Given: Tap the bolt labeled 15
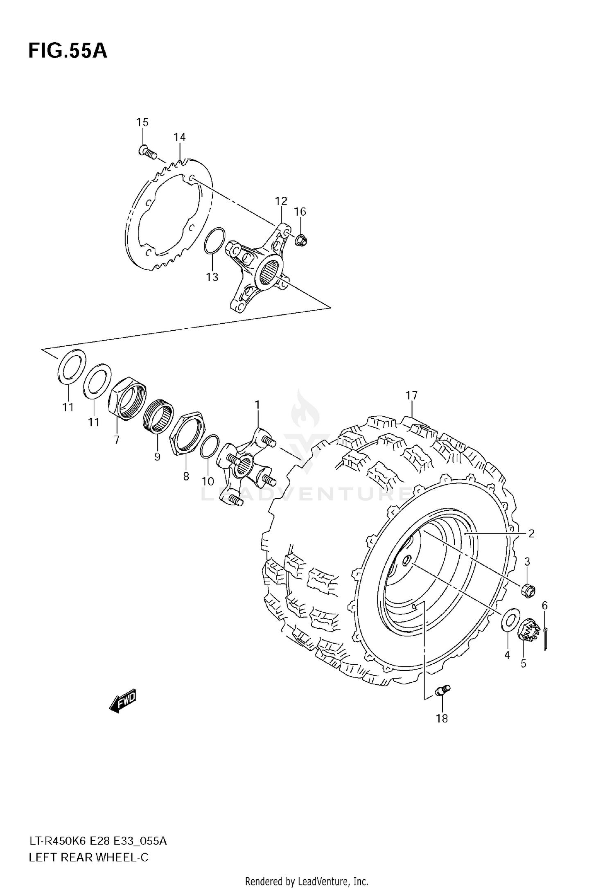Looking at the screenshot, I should [x=147, y=152].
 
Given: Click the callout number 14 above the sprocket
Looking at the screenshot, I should [x=179, y=137].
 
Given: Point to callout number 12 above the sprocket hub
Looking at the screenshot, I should [x=281, y=201].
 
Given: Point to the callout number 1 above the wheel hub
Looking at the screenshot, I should [x=257, y=405].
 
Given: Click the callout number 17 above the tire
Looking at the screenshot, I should [x=411, y=395].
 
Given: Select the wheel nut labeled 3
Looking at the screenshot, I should [x=528, y=590].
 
